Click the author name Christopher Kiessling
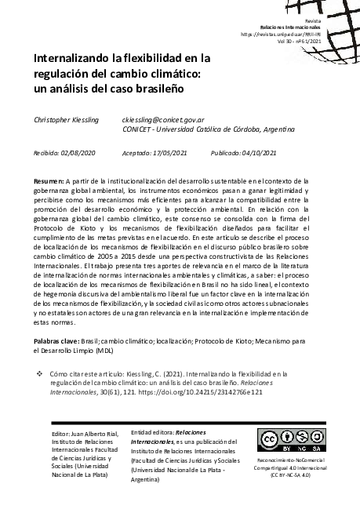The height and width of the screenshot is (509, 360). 66,118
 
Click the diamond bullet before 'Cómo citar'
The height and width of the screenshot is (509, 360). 39,376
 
